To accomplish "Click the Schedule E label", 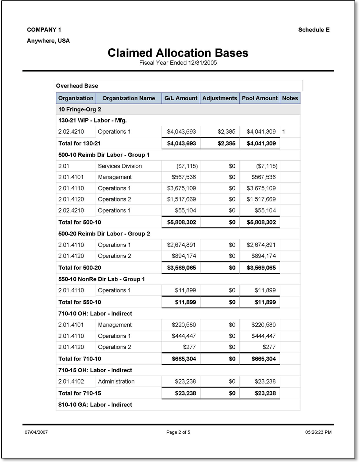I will (x=313, y=30).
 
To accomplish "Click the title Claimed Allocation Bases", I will (x=178, y=53).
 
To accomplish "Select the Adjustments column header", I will (x=219, y=98).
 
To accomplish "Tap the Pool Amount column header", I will (x=260, y=98).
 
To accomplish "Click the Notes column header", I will (x=290, y=98).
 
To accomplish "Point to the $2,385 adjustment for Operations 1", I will (x=226, y=132).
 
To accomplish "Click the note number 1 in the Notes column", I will (x=284, y=132).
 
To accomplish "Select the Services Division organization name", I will (x=120, y=166).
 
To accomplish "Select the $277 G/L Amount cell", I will (x=190, y=347).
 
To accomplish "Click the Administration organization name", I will (x=116, y=381).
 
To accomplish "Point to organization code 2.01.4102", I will (x=71, y=381).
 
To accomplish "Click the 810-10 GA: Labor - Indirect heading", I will (x=95, y=404).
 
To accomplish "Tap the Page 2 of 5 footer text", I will (x=178, y=432).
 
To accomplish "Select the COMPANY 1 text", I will (x=44, y=30).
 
